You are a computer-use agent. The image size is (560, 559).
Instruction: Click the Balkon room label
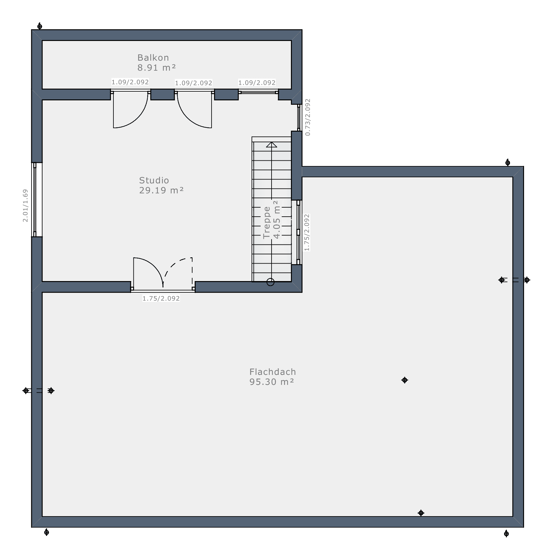tap(153, 58)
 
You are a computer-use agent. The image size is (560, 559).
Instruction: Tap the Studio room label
tap(154, 180)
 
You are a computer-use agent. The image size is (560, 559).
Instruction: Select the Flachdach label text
tap(272, 372)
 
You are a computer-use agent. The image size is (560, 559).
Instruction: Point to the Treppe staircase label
tap(267, 222)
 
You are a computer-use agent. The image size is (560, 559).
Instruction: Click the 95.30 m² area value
tap(272, 382)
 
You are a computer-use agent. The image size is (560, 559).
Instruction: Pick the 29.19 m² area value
tap(161, 190)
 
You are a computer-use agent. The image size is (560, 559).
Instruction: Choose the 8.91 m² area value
tap(157, 68)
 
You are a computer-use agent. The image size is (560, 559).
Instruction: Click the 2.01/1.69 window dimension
tap(25, 205)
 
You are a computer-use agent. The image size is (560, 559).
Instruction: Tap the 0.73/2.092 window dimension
tap(308, 117)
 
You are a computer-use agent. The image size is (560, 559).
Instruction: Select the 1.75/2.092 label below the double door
tap(161, 299)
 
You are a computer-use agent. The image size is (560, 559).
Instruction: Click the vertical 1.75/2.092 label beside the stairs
tap(307, 232)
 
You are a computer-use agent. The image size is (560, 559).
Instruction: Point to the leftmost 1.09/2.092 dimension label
tap(130, 82)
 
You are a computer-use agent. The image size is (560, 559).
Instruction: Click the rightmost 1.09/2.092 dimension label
tap(257, 83)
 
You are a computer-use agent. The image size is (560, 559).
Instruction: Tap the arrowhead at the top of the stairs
tap(272, 144)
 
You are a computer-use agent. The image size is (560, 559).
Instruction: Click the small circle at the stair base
tap(271, 282)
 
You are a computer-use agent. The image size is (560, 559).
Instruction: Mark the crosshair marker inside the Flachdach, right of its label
tap(405, 380)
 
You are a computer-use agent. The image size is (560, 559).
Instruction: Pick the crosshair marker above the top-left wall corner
tap(40, 26)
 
